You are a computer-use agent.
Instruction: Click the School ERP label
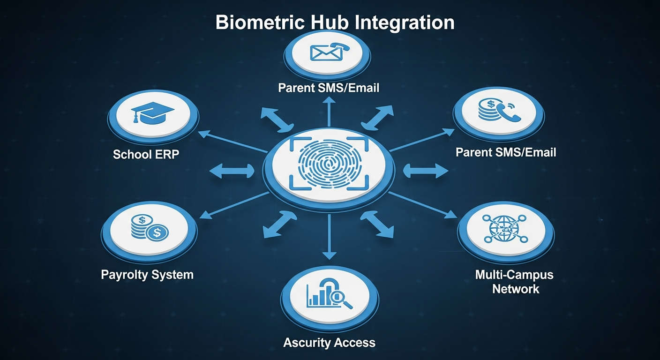pyautogui.click(x=146, y=154)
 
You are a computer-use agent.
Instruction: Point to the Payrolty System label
pyautogui.click(x=147, y=274)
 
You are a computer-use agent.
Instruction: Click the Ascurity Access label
pyautogui.click(x=329, y=343)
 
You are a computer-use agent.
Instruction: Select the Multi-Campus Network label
pyautogui.click(x=515, y=281)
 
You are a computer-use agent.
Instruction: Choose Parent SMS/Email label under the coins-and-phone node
pyautogui.click(x=506, y=152)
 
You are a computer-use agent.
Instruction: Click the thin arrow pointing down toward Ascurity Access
pyautogui.click(x=329, y=237)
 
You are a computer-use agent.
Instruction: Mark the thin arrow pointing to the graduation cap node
pyautogui.click(x=232, y=142)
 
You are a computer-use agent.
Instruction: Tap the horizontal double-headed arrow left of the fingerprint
pyautogui.click(x=231, y=172)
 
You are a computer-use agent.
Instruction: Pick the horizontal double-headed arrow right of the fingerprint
pyautogui.click(x=425, y=171)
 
